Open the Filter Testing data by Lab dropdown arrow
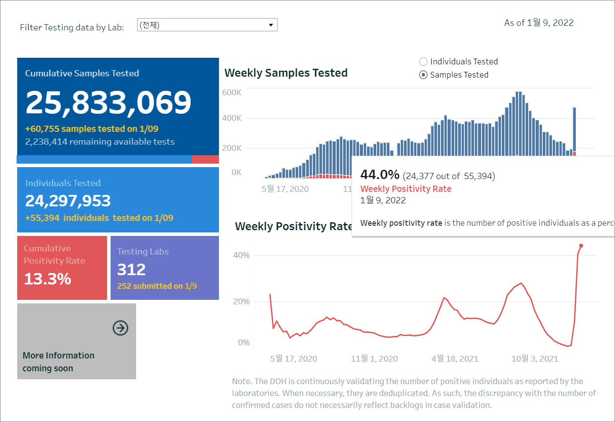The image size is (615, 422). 271,25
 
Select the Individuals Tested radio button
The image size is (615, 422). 423,62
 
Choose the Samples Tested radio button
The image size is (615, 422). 423,75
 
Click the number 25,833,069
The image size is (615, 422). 108,103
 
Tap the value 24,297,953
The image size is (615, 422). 68,201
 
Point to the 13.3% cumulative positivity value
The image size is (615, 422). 48,279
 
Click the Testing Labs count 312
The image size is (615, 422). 131,269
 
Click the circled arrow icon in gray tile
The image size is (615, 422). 120,328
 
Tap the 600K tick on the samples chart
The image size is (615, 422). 232,93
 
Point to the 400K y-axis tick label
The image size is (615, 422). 232,118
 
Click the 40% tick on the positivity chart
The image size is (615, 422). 241,255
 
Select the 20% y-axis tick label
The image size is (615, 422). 241,302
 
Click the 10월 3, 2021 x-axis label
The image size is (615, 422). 534,359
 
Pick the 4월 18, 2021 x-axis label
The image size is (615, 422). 455,359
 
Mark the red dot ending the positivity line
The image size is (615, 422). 581,246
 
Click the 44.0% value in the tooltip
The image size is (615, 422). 380,175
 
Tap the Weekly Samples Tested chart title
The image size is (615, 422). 286,73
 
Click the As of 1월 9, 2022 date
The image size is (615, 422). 539,23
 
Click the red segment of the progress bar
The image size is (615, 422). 205,160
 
